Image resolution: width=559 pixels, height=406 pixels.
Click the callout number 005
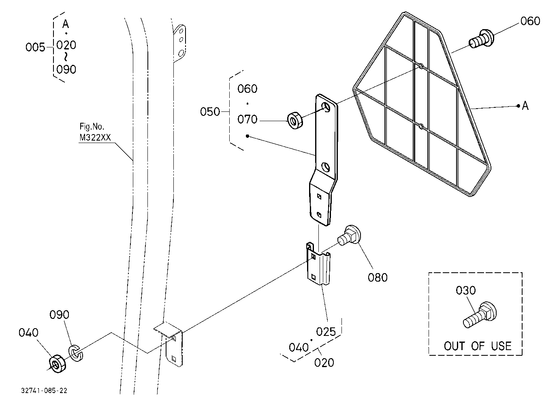(35, 47)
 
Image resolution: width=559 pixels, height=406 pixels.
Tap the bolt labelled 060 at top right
(481, 39)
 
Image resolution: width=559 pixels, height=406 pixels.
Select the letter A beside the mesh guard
(525, 106)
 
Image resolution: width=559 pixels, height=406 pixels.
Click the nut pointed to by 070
(295, 121)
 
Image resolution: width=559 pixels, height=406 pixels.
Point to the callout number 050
(210, 111)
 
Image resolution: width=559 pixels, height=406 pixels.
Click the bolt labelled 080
(349, 235)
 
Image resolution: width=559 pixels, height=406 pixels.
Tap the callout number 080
(378, 278)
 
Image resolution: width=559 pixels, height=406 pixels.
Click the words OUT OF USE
(478, 346)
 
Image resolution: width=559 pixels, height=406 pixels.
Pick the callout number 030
(466, 291)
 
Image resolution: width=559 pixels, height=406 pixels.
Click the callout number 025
(326, 332)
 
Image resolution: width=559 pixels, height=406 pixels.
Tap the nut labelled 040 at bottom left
(58, 363)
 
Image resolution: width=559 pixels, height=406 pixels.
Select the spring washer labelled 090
(76, 353)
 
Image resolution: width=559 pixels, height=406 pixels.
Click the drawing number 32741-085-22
(44, 391)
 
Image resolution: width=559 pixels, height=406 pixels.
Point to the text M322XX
(95, 138)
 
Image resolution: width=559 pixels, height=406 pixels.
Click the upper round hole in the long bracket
(326, 107)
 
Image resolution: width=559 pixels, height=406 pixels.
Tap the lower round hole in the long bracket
(326, 167)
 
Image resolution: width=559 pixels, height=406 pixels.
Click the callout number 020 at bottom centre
(324, 363)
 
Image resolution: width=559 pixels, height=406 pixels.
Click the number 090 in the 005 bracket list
(66, 69)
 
